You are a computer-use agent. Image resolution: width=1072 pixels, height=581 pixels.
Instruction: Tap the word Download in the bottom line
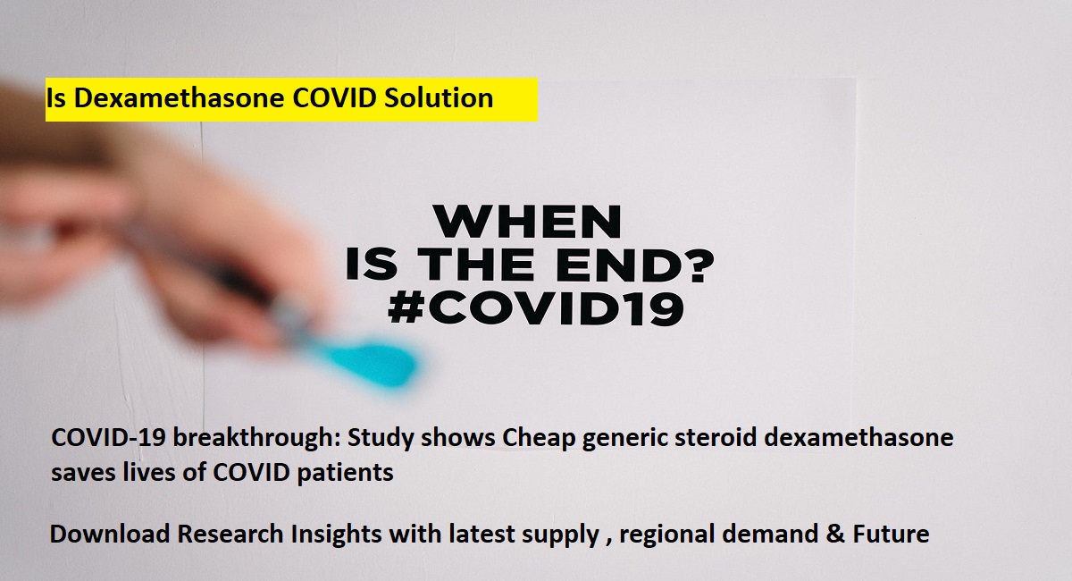point(109,535)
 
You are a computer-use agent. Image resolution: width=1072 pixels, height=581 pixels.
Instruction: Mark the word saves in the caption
point(80,473)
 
